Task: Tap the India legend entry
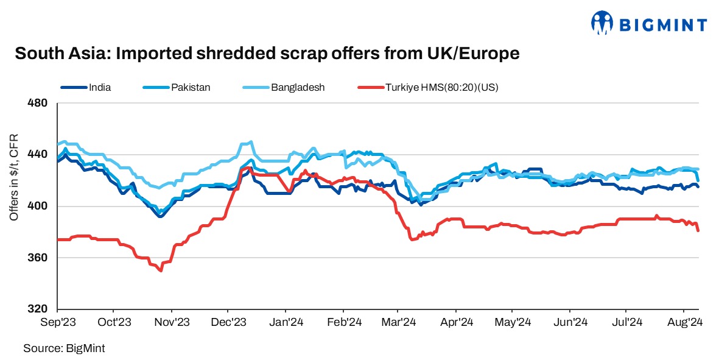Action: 99,87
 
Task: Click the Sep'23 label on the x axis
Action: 58,322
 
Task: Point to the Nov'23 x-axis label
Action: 172,322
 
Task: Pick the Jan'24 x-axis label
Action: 286,322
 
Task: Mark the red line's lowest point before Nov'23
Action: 161,270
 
